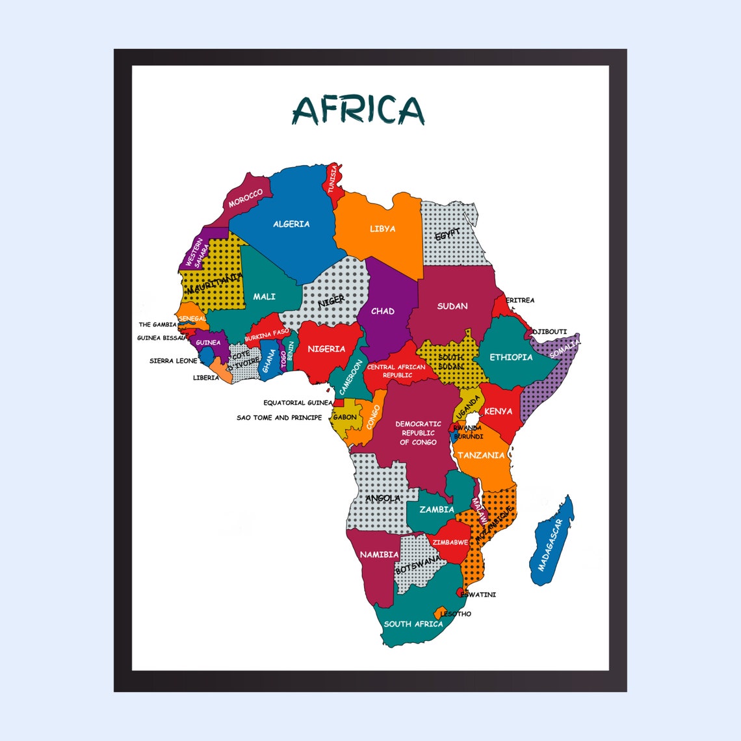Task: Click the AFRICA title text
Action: (x=358, y=110)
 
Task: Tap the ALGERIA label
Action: (x=291, y=224)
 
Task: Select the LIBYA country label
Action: (x=382, y=229)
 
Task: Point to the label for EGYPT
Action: (x=447, y=235)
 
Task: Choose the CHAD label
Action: (x=382, y=311)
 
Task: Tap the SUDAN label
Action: (x=452, y=306)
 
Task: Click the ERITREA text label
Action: (x=520, y=300)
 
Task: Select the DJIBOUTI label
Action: (x=550, y=331)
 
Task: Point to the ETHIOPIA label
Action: (x=511, y=357)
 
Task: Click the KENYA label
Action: (x=498, y=411)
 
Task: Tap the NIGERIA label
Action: (x=326, y=349)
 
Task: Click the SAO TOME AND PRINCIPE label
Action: (x=279, y=418)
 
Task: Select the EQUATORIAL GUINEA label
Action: (x=298, y=403)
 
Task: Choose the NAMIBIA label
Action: (x=379, y=554)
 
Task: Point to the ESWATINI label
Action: (x=478, y=595)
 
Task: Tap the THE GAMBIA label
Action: (x=157, y=324)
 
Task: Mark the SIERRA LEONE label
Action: (x=173, y=361)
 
